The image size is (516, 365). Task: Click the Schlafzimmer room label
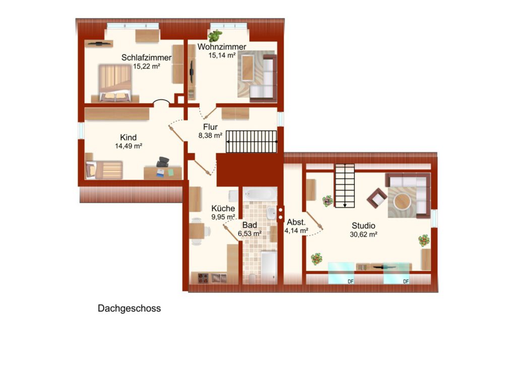tap(147, 57)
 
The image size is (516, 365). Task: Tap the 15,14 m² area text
tap(222, 55)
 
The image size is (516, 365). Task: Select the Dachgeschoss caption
tap(130, 309)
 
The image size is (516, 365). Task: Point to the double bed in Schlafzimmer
tap(115, 83)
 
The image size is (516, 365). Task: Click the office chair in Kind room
tap(163, 162)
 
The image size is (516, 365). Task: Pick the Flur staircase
tap(251, 142)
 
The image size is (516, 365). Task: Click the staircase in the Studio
tap(345, 186)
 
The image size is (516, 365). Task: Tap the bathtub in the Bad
tap(260, 194)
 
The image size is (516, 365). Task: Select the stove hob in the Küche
tap(203, 278)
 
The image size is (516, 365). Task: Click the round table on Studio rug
tap(402, 201)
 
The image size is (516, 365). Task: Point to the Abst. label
tap(296, 222)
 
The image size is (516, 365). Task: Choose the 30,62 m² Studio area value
tap(363, 234)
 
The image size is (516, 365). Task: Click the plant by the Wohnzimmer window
tap(215, 36)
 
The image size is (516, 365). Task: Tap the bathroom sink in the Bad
tap(272, 213)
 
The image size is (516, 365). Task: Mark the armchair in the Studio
tap(377, 198)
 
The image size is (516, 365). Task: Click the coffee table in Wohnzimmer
tap(248, 68)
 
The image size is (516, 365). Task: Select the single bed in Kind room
tap(104, 170)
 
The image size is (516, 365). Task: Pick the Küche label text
tap(223, 208)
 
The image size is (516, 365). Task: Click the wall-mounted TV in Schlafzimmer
tap(99, 43)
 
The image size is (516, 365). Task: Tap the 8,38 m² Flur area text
tap(210, 135)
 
